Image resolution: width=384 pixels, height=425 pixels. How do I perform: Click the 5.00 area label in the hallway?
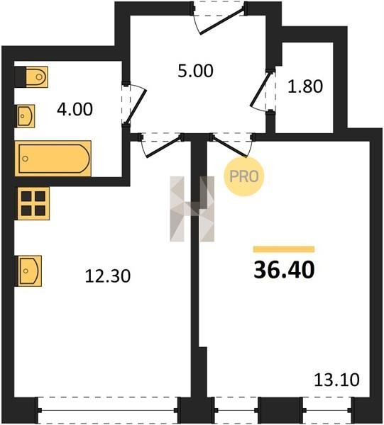[195, 71]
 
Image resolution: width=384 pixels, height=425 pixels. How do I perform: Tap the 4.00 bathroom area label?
[75, 110]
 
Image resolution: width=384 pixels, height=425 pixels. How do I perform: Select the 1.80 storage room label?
[305, 86]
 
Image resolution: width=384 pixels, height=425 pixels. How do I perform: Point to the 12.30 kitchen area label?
[108, 276]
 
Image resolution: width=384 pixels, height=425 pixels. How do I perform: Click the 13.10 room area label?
[336, 380]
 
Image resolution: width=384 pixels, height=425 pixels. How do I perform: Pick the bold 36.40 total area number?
[284, 270]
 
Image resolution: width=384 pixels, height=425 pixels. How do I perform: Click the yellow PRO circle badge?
[244, 176]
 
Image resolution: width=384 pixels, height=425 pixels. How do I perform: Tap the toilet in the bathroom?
[37, 77]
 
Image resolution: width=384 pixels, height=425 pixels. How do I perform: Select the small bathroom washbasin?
[26, 116]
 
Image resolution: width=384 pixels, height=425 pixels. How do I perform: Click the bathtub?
[53, 159]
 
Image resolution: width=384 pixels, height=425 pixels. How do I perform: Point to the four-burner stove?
[33, 203]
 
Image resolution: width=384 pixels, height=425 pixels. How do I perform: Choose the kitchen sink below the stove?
[30, 271]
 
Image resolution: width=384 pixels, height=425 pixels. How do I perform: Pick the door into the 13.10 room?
[231, 145]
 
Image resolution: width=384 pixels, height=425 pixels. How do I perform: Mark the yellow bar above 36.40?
[284, 249]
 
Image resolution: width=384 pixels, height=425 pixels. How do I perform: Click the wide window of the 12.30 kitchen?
[109, 410]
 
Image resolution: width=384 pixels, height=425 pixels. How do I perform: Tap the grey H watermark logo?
[192, 209]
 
